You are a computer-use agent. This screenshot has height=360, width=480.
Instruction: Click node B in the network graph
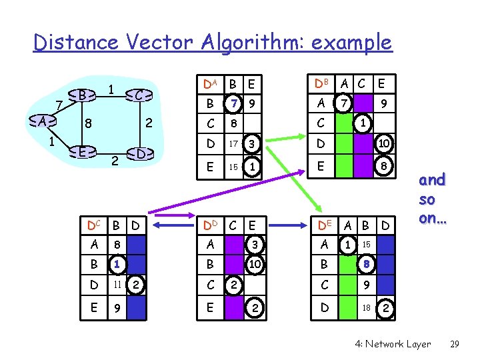point(81,95)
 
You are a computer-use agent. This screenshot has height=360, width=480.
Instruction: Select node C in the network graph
point(139,95)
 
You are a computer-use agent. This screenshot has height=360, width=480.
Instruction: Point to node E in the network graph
point(81,152)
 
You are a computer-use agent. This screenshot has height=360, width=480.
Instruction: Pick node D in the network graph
point(141,154)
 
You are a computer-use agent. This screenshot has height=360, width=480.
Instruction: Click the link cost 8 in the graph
point(87,123)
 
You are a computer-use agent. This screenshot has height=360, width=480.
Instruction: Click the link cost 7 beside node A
point(59,105)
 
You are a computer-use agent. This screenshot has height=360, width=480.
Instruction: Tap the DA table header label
point(210,83)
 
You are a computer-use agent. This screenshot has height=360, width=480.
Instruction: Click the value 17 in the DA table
point(233,143)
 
